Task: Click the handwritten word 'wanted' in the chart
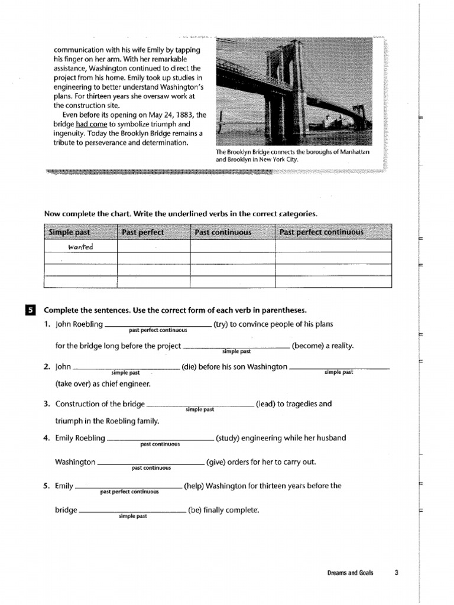80,247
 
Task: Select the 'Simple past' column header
70,232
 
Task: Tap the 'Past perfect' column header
142,232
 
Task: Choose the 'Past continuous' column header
223,232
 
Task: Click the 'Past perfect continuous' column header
322,232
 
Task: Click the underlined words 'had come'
91,125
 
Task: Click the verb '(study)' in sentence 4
228,438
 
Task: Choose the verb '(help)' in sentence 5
194,486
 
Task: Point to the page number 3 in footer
397,573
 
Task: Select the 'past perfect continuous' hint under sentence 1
158,330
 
